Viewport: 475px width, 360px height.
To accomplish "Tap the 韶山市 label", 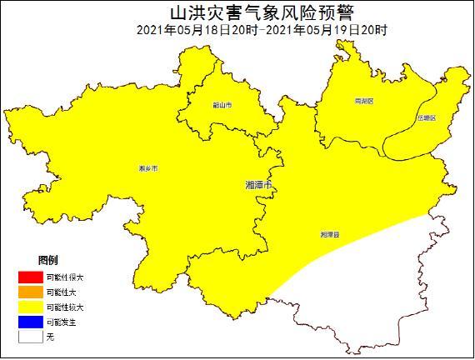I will (x=222, y=105).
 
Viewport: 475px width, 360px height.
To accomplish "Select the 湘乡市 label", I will (x=148, y=168).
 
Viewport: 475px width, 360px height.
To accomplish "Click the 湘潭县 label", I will (x=330, y=236).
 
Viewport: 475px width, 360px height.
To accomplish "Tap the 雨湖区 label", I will (x=364, y=100).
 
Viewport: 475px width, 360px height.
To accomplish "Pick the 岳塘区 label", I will (x=427, y=118).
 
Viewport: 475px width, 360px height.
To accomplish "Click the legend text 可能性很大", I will (x=65, y=277).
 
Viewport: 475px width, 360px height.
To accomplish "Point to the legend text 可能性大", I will (x=62, y=292).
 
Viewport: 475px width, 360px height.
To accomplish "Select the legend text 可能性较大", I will (x=65, y=307).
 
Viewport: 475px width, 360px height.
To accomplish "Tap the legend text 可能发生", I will (x=62, y=322).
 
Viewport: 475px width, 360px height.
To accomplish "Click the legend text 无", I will (x=50, y=337).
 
